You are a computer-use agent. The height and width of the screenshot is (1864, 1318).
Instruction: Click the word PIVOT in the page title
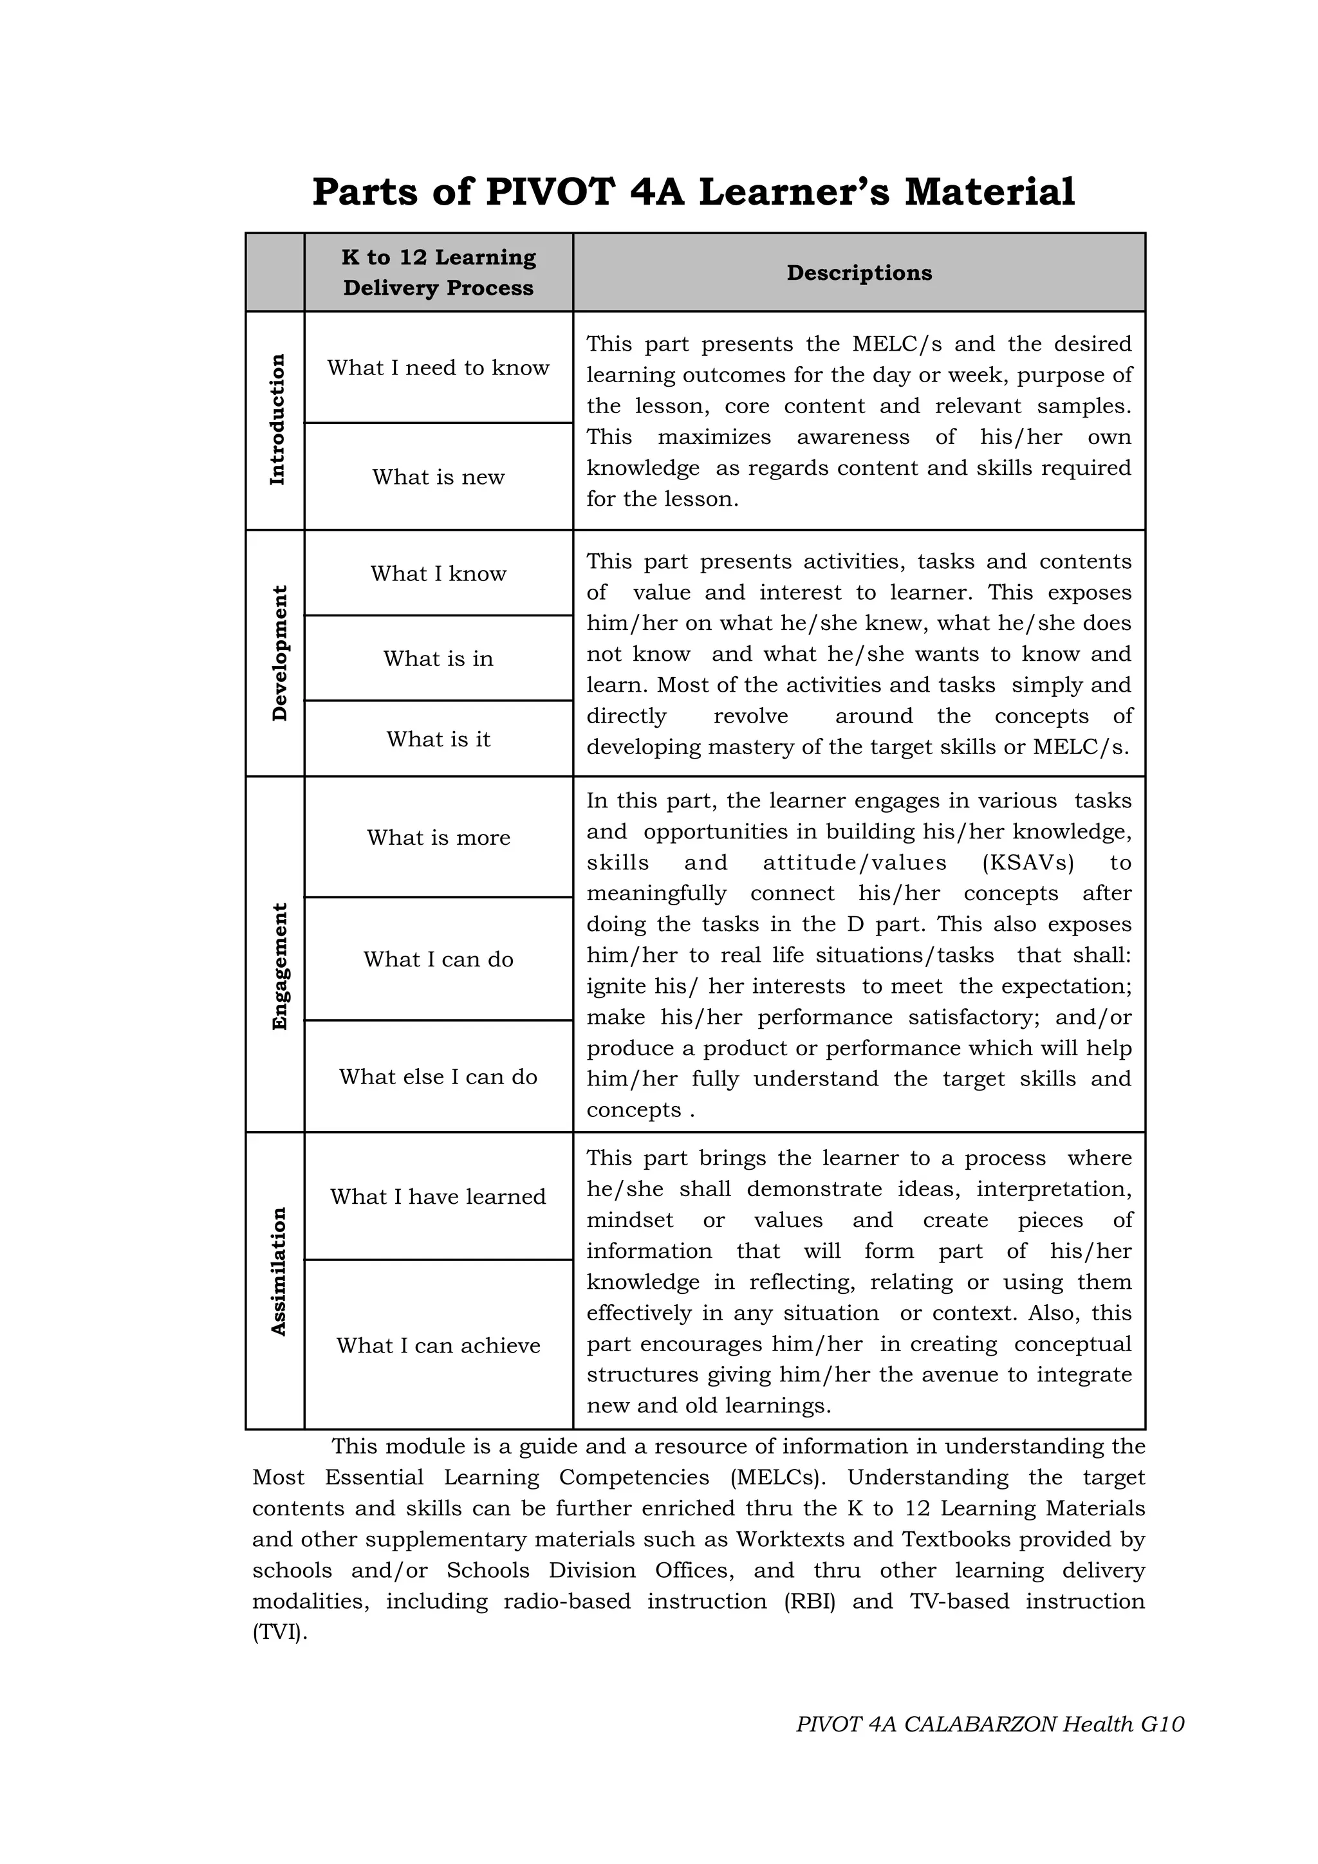(550, 192)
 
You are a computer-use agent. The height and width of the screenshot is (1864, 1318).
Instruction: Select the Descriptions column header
(859, 273)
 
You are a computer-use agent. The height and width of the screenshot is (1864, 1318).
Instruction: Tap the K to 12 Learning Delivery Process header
(438, 272)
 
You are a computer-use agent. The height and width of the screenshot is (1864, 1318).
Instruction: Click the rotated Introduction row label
(277, 420)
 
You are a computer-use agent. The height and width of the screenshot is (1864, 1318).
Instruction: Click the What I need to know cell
(438, 368)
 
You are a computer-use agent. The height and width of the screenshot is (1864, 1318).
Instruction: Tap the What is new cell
(438, 477)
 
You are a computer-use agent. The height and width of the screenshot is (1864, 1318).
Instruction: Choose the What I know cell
(438, 573)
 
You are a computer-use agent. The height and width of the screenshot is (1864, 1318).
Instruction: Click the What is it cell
(438, 739)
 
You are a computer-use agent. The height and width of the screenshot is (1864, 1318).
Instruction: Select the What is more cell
(438, 837)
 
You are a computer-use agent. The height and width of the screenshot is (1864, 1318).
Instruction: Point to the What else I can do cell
(438, 1076)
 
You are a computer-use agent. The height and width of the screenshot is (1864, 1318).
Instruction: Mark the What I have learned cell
(438, 1197)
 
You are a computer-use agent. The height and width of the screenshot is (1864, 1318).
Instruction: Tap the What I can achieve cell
(438, 1345)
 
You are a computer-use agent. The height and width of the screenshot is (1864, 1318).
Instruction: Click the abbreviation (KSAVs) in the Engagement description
(1027, 862)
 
